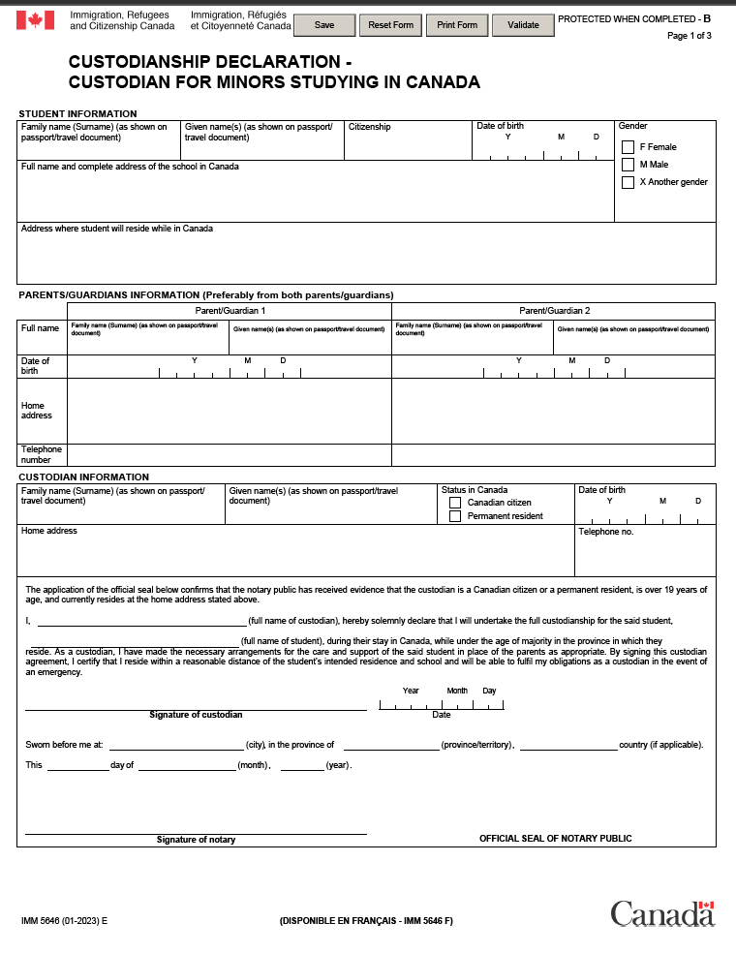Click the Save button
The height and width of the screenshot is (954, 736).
click(324, 25)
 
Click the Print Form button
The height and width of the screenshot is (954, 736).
click(457, 25)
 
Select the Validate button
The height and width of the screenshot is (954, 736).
click(524, 25)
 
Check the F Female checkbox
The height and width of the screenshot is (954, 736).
click(628, 147)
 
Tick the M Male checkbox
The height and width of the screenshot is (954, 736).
click(628, 165)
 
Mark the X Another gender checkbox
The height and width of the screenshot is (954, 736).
click(628, 182)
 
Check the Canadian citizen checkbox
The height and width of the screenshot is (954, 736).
click(455, 503)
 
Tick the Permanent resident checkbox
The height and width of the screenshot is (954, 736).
click(455, 516)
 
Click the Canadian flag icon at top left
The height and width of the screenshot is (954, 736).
click(36, 20)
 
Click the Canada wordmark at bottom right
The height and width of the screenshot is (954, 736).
click(661, 913)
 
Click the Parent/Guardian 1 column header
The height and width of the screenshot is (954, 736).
click(230, 311)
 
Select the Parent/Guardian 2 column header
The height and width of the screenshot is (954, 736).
click(554, 311)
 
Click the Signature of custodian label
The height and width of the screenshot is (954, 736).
click(196, 715)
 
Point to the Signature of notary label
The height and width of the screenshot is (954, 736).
click(196, 840)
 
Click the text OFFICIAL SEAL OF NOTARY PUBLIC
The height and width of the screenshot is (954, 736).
click(555, 839)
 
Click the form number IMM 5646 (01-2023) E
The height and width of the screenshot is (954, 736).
click(64, 921)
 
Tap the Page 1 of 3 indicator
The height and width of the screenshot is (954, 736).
click(689, 36)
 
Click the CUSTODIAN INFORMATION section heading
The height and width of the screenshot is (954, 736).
click(83, 477)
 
